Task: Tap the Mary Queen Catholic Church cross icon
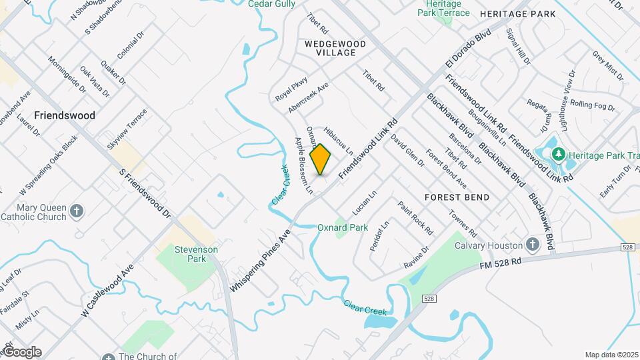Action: tap(77, 211)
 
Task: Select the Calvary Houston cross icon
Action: tap(532, 245)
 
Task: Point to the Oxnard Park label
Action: tap(343, 227)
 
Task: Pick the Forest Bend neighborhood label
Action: tap(457, 197)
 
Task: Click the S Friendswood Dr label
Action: tap(145, 194)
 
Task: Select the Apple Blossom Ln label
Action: tap(304, 165)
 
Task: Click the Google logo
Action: tap(21, 352)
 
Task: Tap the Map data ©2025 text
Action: tap(611, 355)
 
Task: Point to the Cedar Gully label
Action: tap(271, 4)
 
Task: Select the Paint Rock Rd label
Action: tap(415, 218)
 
